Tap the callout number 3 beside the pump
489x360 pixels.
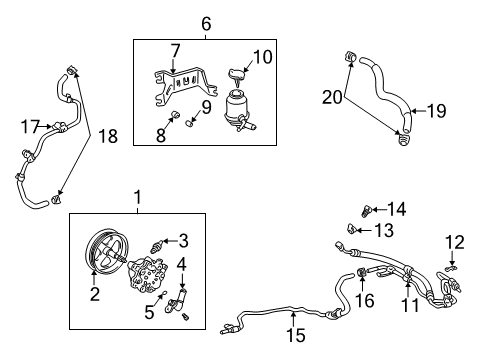click(x=183, y=239)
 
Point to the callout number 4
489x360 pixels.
click(x=182, y=265)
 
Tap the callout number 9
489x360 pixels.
click(x=206, y=106)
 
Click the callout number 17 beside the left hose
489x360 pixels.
click(x=29, y=126)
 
